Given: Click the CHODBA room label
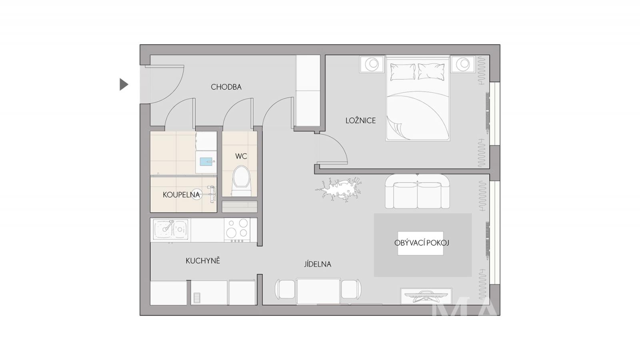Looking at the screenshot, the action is [226, 87].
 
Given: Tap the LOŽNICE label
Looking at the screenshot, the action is [360, 120].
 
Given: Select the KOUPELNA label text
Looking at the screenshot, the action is [181, 195].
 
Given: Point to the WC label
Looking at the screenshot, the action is [241, 156].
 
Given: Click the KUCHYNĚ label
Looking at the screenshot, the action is [203, 260].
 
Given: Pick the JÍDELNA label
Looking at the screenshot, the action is [318, 264].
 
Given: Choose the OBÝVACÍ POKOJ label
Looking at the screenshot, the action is [422, 243].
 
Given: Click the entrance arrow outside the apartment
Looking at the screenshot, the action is [124, 84].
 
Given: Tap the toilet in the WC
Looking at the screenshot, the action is [242, 181].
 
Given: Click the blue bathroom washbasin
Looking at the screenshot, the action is [206, 162].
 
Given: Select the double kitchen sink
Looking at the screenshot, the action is [170, 230].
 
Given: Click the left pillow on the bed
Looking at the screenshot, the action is [403, 72].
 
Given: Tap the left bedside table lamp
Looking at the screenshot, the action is [372, 64].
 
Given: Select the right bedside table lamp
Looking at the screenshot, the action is [463, 64].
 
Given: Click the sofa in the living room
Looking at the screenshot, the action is [418, 192].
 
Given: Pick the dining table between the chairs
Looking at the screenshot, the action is [318, 291].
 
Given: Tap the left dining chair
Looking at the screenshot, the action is [285, 289].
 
